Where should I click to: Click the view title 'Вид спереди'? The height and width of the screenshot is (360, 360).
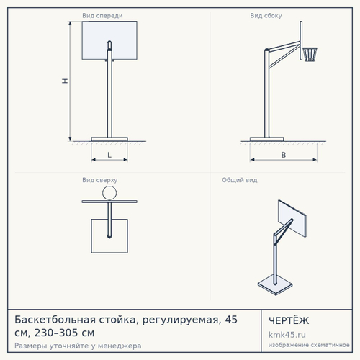102,16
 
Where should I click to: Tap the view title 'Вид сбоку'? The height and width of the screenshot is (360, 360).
266,16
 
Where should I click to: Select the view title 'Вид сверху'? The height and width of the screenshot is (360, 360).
100,180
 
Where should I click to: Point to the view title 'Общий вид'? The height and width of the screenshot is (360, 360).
240,180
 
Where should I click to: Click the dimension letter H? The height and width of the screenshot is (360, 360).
65,81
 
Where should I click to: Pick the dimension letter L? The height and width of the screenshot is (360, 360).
109,155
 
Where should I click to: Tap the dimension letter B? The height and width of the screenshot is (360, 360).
284,155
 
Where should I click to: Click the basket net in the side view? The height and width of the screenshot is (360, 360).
310,55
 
